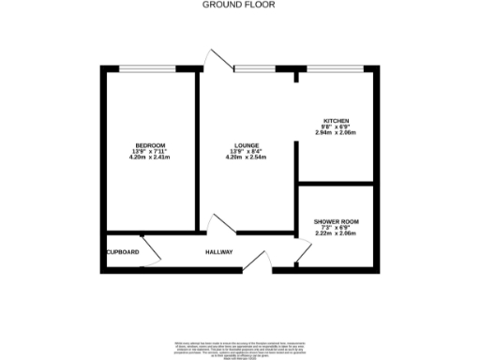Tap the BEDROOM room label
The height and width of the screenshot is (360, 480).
coord(150,145)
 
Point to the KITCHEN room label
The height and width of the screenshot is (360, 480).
coord(337,121)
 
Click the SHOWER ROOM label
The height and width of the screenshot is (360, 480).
coord(336,222)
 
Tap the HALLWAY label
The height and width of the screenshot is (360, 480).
coord(220,253)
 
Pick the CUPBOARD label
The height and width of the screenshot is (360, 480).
coord(123,253)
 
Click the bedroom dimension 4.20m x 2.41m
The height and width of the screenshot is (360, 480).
coord(150,157)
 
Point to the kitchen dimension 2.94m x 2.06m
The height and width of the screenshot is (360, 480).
coord(337,133)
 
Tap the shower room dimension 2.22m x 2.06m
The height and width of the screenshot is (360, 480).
coord(336,234)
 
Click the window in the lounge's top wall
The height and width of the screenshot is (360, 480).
coord(254,68)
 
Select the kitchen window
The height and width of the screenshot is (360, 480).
coord(334,68)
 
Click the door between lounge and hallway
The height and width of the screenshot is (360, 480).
coord(222,225)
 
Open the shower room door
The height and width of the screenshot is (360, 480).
coord(303,251)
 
